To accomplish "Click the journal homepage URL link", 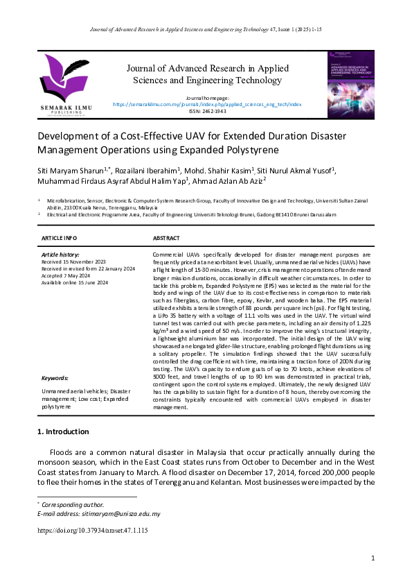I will coord(207,104).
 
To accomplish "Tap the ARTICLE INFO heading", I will coord(59,238).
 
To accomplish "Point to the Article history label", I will coord(61,255).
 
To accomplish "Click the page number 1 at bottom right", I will coord(373,558).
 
